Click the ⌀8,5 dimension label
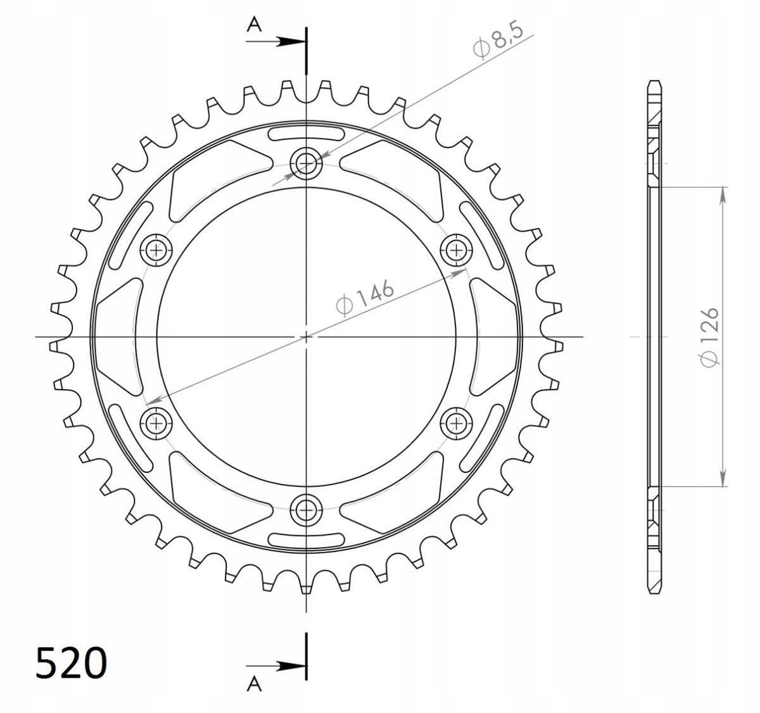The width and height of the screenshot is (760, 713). [498, 39]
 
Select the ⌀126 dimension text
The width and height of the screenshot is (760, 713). [709, 337]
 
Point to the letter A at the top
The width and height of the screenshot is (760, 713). [254, 25]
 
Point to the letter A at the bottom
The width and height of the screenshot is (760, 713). [254, 684]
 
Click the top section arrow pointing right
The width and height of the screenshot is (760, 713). [276, 41]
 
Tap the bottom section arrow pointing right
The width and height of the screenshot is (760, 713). [276, 666]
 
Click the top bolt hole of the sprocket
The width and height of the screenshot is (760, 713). [306, 163]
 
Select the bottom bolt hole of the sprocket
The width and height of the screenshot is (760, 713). [306, 510]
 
